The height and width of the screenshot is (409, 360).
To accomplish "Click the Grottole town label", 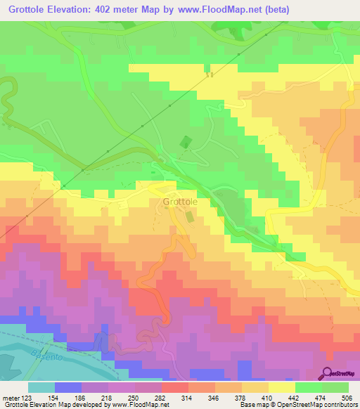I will [180, 202].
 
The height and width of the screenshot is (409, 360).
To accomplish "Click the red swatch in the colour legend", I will [174, 387].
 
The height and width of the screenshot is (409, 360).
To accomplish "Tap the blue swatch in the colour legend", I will [68, 387].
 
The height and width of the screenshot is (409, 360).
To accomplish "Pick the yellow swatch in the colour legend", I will [281, 387].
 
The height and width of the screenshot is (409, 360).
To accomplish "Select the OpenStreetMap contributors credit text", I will [310, 404].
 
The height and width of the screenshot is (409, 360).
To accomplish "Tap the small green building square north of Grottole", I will [185, 143].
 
